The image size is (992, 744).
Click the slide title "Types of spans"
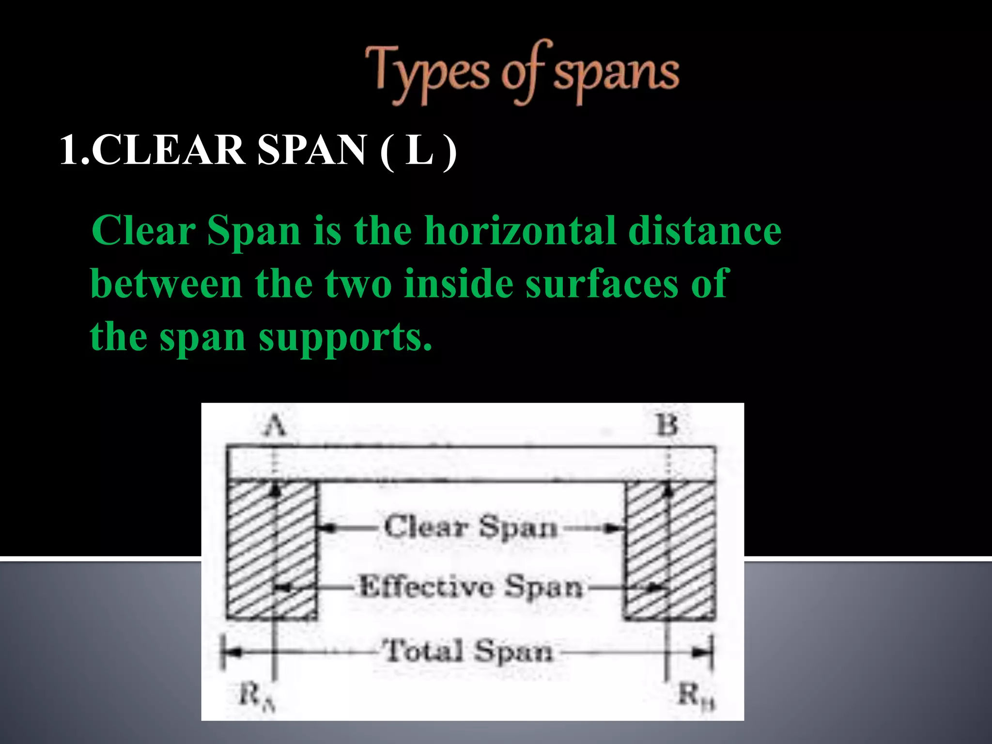tap(522, 73)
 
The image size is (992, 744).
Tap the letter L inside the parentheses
tap(418, 150)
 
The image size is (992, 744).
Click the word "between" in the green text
tap(166, 284)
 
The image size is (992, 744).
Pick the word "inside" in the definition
tap(458, 284)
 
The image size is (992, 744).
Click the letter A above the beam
tap(275, 426)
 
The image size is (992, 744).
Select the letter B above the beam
tap(667, 425)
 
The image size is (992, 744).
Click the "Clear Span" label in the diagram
tap(471, 527)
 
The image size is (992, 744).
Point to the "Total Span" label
tap(467, 651)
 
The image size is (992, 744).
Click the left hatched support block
tap(271, 550)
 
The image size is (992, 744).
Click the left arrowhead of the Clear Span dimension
tap(326, 527)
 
